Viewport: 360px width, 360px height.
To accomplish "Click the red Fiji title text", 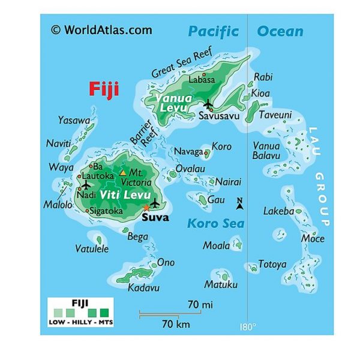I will point(103,89).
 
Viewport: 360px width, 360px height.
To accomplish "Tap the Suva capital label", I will point(155,217).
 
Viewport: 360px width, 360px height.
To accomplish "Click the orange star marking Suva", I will point(145,207).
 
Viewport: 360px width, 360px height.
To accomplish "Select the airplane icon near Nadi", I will point(86,184).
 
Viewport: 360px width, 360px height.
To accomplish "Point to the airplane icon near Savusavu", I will point(208,103).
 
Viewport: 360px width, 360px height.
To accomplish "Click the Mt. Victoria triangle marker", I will point(122,173).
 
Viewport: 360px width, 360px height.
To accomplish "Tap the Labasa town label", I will point(202,79).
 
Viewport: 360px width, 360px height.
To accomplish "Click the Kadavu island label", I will point(144,287).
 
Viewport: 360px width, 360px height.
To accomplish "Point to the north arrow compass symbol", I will point(240,204).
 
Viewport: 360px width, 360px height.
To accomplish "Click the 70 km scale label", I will point(176,325).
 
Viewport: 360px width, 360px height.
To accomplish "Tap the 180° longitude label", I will point(248,327).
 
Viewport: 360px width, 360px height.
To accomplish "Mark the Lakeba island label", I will point(278,211).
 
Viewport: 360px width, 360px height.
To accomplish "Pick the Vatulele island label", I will point(92,248).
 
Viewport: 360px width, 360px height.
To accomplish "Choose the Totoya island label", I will point(272,263).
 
